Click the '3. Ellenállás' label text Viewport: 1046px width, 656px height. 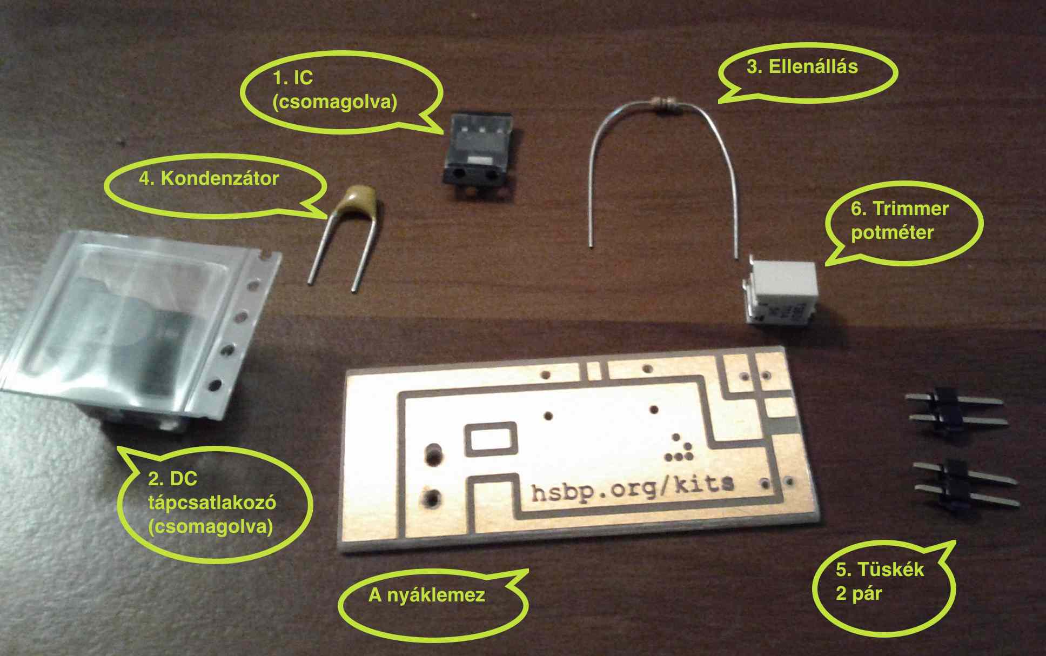pos(802,67)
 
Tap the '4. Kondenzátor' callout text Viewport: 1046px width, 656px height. pos(209,178)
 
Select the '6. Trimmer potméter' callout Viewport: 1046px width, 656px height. pos(899,220)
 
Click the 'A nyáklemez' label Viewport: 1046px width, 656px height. pos(426,595)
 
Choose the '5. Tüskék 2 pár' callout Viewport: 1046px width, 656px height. pos(880,581)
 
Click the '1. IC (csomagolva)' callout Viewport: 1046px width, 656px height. pos(334,90)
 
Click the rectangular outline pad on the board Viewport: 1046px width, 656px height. pos(491,438)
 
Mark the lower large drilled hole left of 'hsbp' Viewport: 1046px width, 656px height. pos(432,497)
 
